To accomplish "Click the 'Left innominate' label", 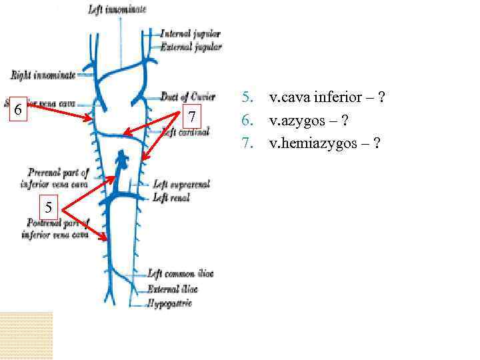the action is [x=117, y=9].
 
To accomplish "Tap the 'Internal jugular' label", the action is [x=191, y=33].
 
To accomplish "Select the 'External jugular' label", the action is [x=191, y=47].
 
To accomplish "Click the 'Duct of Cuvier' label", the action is [x=188, y=97].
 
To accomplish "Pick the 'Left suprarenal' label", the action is [x=182, y=185].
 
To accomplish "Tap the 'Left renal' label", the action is [x=171, y=197].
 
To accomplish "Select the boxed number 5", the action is [x=49, y=206].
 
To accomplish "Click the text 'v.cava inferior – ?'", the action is [x=327, y=98].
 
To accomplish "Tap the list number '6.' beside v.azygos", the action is [x=247, y=121].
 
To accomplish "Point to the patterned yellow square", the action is [x=26, y=335].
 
